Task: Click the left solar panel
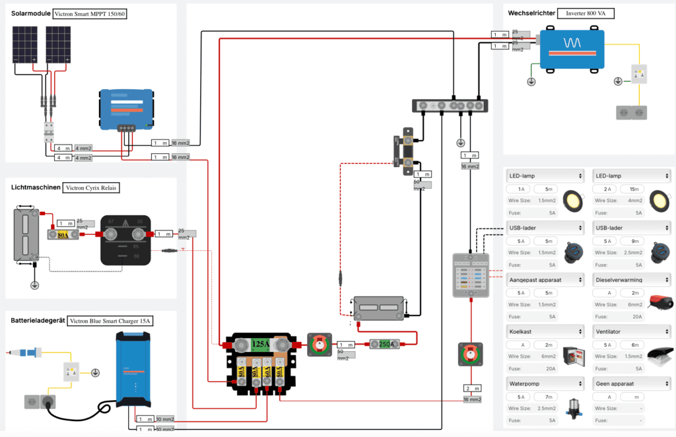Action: pyautogui.click(x=24, y=45)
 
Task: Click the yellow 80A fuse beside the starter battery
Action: pyautogui.click(x=64, y=234)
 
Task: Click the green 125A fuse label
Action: pyautogui.click(x=258, y=343)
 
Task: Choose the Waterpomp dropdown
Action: pyautogui.click(x=545, y=384)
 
